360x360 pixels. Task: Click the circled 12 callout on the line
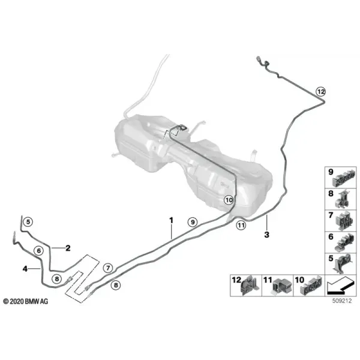click(321, 92)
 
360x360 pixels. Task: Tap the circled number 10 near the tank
click(229, 200)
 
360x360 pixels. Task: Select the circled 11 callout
click(241, 226)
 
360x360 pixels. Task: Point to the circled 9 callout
click(193, 222)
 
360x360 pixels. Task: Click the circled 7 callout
click(108, 268)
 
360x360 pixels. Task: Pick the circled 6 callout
click(38, 250)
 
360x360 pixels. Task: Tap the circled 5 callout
click(28, 222)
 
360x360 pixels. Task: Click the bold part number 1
click(171, 220)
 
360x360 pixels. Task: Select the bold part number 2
click(68, 248)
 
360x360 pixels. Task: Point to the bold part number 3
click(266, 235)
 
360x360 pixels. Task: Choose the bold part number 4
click(25, 268)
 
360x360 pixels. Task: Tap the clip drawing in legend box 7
click(343, 220)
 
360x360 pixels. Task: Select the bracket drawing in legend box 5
click(343, 264)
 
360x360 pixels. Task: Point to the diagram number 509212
click(342, 301)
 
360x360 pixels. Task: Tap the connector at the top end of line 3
click(258, 61)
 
